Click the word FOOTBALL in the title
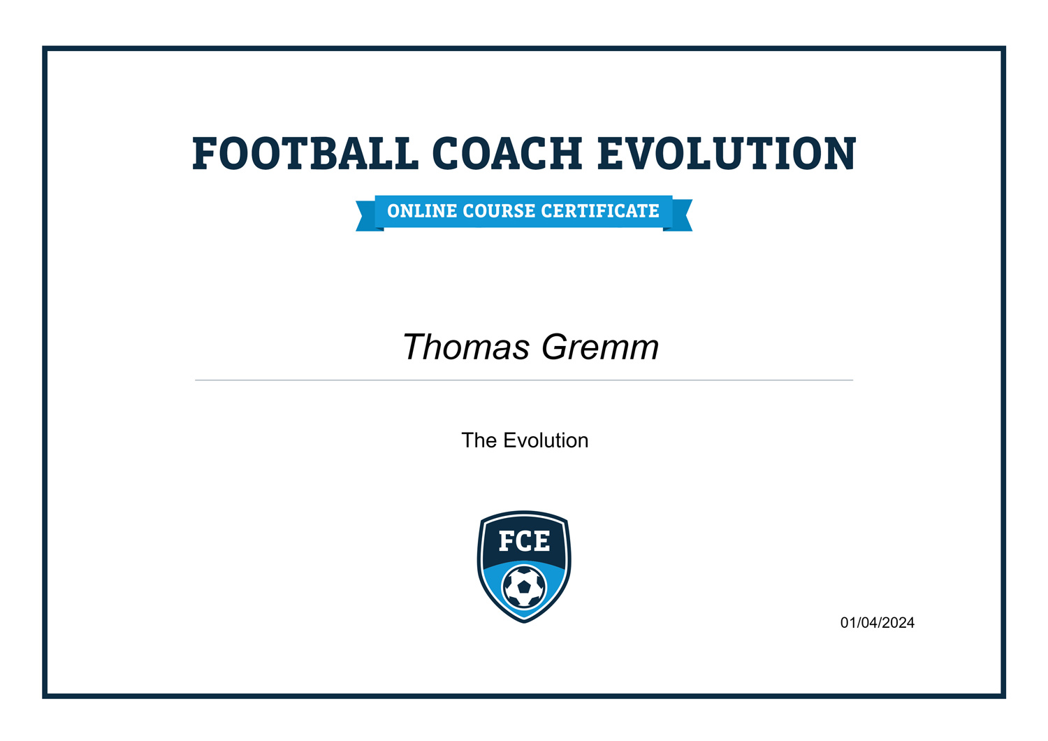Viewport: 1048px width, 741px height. click(x=305, y=154)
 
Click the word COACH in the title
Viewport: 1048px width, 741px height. click(x=507, y=154)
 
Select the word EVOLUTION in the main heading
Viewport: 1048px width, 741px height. click(x=727, y=154)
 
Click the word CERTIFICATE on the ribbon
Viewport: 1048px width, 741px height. click(x=600, y=211)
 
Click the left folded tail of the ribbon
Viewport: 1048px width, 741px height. click(x=366, y=217)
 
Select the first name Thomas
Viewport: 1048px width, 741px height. click(x=466, y=347)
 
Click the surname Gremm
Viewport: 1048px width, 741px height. click(x=600, y=347)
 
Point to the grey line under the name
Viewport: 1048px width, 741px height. click(x=524, y=380)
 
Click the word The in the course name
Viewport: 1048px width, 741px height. click(x=479, y=440)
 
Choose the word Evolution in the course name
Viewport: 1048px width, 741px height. click(x=546, y=440)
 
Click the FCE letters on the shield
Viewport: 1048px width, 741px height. click(x=524, y=541)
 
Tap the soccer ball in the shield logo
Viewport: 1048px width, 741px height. click(x=524, y=587)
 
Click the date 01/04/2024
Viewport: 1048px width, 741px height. click(x=877, y=623)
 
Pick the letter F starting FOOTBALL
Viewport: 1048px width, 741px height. click(x=204, y=154)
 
